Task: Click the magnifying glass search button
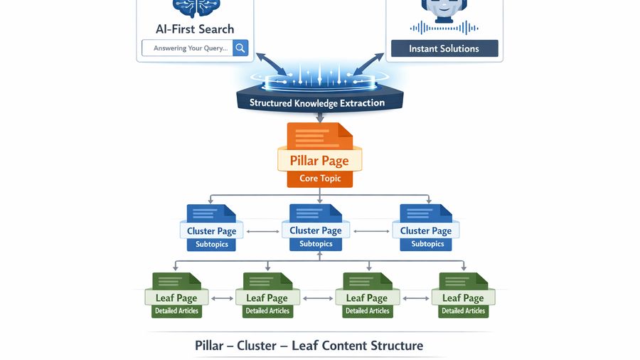click(240, 48)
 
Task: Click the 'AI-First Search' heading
click(195, 29)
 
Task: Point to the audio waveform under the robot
click(444, 28)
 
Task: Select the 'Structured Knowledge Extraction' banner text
click(317, 102)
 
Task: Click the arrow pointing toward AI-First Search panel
click(270, 63)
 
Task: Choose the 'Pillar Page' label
click(319, 160)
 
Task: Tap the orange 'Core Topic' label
click(320, 178)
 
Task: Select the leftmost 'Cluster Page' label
click(211, 231)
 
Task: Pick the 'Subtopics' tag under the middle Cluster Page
click(316, 243)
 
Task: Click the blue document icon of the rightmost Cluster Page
click(425, 214)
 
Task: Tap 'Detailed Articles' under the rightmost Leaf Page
click(463, 311)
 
